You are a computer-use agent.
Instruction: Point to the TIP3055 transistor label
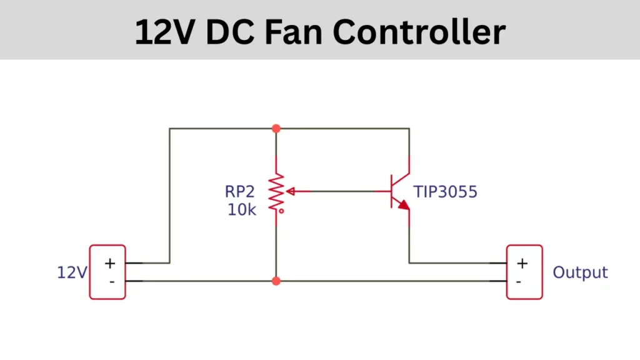[x=445, y=192]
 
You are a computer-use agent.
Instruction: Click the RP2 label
[x=241, y=192]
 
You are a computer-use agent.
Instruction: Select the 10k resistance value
[x=241, y=209]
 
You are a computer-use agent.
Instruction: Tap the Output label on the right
[x=580, y=272]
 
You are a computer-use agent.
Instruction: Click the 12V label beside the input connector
[x=72, y=272]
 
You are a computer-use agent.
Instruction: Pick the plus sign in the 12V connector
[x=110, y=263]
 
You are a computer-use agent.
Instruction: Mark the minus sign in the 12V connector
[x=111, y=281]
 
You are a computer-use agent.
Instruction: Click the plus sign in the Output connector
[x=522, y=263]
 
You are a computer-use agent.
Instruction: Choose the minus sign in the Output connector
[x=519, y=281]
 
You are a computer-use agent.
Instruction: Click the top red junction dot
[x=276, y=128]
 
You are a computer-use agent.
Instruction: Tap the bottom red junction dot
[x=276, y=281]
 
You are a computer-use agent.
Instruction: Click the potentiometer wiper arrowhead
[x=289, y=191]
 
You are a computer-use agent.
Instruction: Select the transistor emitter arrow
[x=404, y=205]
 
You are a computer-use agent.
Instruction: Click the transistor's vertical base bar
[x=391, y=191]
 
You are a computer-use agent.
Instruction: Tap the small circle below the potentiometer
[x=282, y=211]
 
